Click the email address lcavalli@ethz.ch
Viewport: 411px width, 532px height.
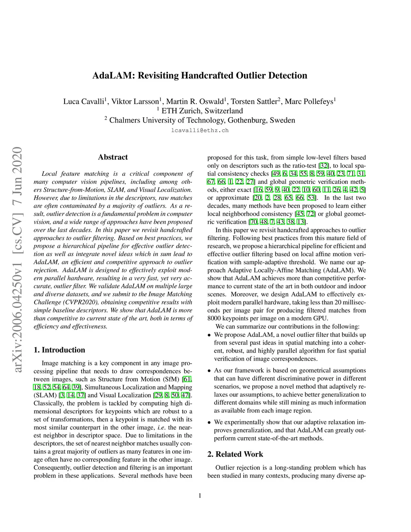pos(200,130)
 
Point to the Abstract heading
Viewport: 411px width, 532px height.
pos(113,157)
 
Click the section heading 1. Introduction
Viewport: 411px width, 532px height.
pos(59,350)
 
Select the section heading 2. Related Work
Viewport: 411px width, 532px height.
pos(235,455)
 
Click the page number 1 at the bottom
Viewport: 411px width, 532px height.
pos(200,495)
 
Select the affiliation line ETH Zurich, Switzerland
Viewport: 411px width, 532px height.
pos(202,111)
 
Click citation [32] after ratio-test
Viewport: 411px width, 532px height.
pos(324,166)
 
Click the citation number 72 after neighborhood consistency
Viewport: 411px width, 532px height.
pos(311,214)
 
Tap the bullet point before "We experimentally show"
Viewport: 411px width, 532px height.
pos(210,422)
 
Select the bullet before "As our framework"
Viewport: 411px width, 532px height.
pos(210,371)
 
